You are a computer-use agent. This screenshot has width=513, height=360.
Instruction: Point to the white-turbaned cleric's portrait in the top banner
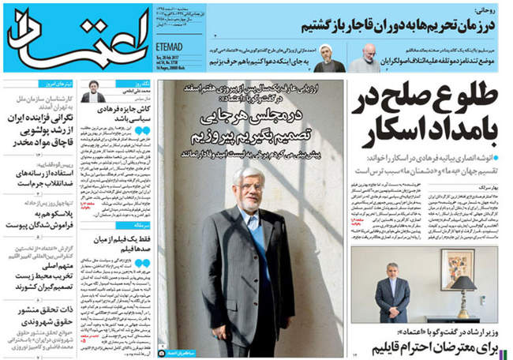pos(326,54)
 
